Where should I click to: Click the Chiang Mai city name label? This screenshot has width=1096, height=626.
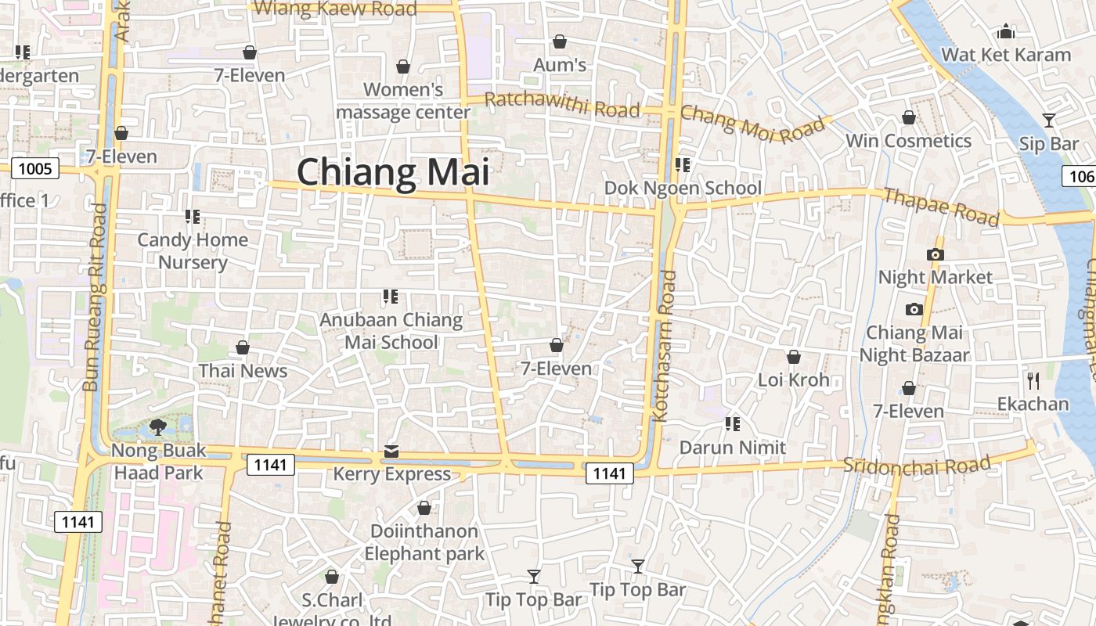click(x=392, y=171)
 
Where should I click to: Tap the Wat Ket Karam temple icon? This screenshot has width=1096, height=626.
click(x=1006, y=32)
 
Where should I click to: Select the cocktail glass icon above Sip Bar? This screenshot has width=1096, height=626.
click(x=1049, y=121)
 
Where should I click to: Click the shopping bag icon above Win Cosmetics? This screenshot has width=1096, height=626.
click(x=908, y=118)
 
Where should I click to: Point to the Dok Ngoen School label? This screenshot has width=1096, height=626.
click(x=682, y=188)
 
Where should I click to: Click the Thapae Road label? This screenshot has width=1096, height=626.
click(x=940, y=206)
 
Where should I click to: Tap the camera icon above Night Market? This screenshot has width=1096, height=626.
click(x=935, y=254)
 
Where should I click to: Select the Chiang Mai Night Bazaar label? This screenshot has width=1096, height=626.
click(x=914, y=344)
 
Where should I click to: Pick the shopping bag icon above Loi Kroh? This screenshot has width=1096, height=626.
click(x=793, y=357)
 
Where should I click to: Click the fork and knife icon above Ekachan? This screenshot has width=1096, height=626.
click(x=1033, y=381)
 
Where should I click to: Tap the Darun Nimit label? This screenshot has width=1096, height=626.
click(x=732, y=448)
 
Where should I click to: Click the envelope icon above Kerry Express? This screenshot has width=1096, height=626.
click(x=391, y=452)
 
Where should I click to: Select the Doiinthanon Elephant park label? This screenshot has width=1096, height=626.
click(x=424, y=542)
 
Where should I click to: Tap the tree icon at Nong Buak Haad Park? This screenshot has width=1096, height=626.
click(x=158, y=426)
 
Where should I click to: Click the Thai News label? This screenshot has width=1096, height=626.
click(x=243, y=371)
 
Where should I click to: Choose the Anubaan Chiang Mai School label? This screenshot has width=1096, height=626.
click(x=391, y=331)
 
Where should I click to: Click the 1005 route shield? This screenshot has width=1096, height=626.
click(x=35, y=168)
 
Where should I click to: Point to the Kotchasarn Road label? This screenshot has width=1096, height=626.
click(x=665, y=346)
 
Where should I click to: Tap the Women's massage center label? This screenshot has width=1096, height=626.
click(x=403, y=101)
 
